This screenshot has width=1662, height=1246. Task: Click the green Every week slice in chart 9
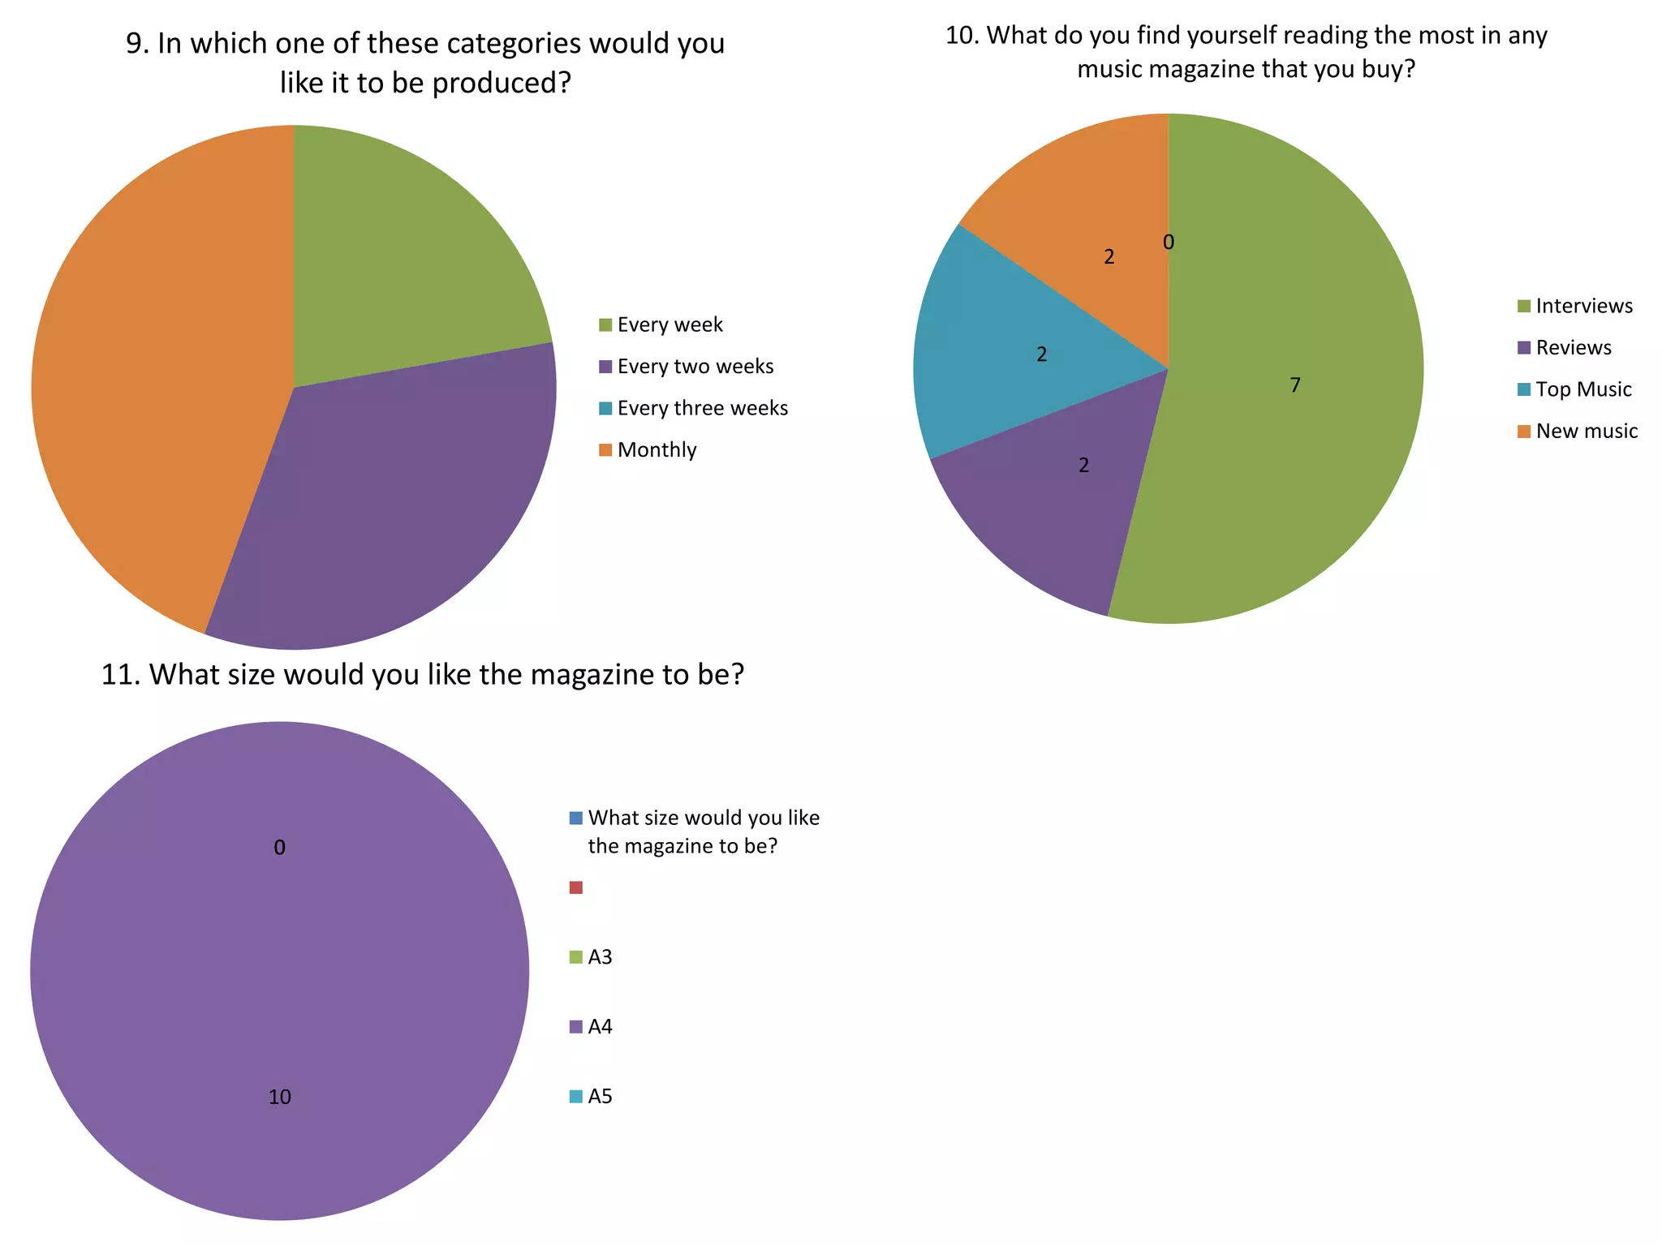(x=406, y=260)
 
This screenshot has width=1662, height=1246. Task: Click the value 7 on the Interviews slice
(x=1295, y=385)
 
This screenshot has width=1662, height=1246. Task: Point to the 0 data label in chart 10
(x=1169, y=242)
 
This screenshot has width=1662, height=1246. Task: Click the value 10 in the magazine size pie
(x=279, y=1097)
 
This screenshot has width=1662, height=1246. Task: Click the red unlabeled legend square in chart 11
(x=576, y=887)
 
